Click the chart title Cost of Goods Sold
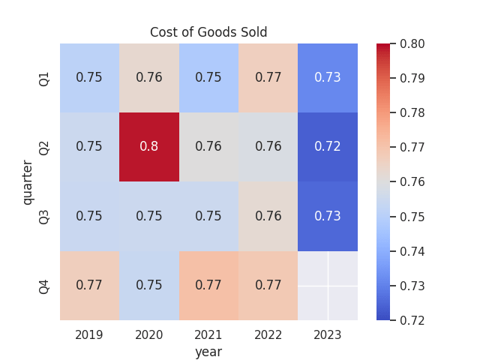(x=208, y=32)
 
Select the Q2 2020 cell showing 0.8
(x=148, y=147)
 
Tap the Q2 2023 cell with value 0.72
(x=328, y=147)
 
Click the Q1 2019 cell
(x=89, y=78)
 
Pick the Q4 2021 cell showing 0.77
(x=208, y=286)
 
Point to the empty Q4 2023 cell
(x=328, y=286)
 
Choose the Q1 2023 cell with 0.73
(x=328, y=78)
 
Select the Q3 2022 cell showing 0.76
(x=268, y=216)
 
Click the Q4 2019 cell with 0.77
(x=89, y=286)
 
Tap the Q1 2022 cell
(x=268, y=78)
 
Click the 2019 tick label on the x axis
(x=89, y=334)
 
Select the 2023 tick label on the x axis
(x=328, y=334)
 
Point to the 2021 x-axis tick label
(x=208, y=334)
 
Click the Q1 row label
(x=44, y=78)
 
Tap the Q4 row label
(x=44, y=286)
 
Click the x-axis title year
(x=208, y=351)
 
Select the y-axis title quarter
(x=28, y=181)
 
